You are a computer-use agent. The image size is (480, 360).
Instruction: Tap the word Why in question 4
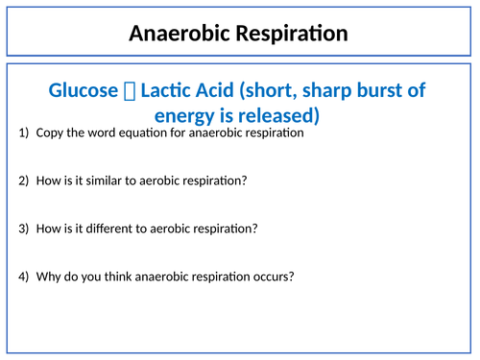48,276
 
